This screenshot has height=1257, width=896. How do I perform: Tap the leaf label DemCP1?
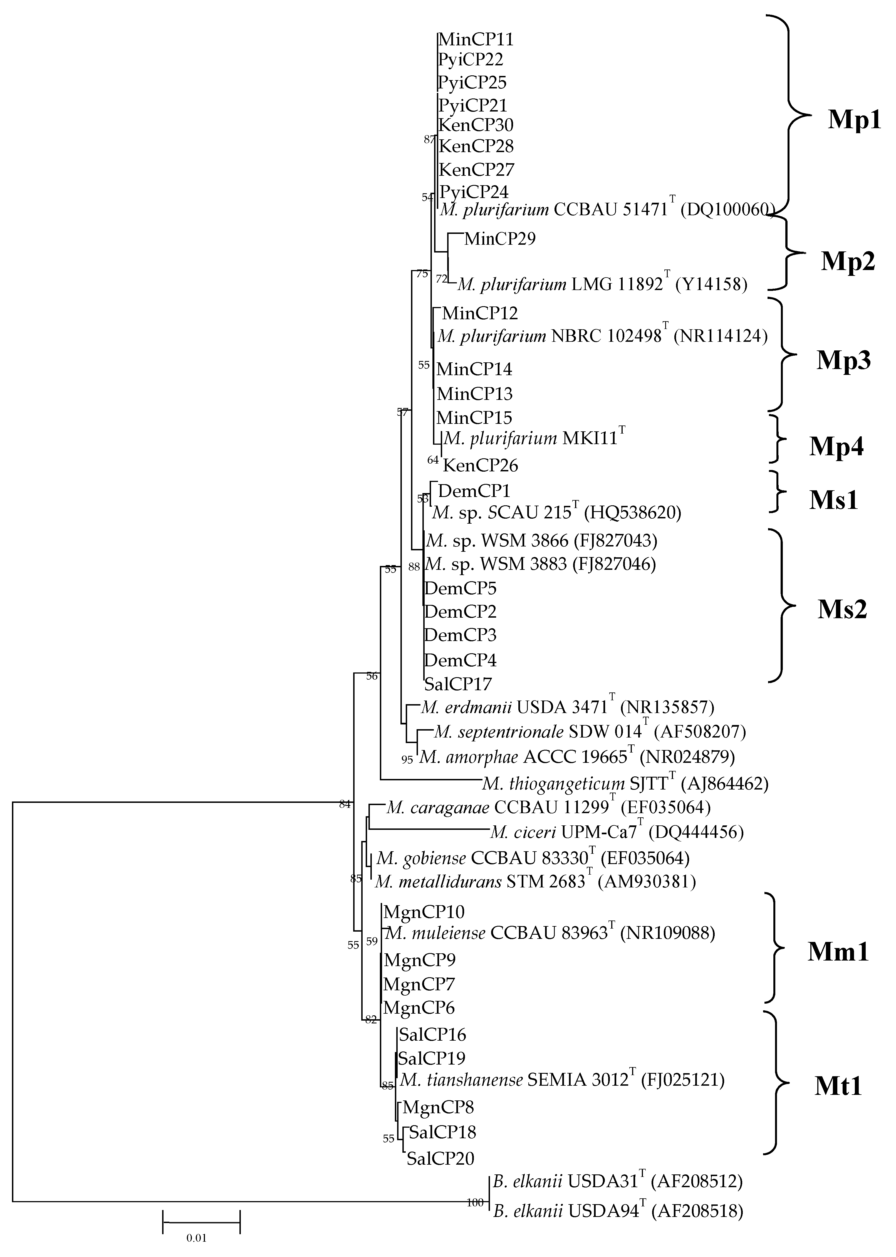474,491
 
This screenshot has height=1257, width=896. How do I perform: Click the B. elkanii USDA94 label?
617,1211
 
